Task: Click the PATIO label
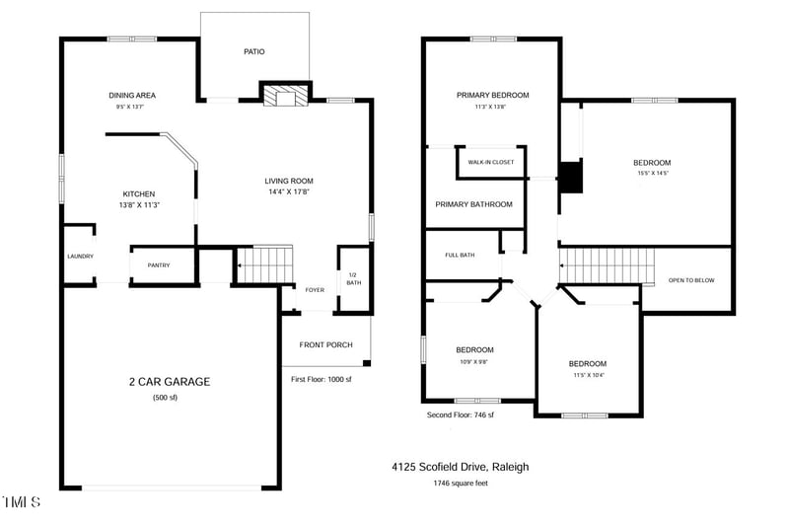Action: (x=254, y=52)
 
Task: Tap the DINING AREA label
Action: (x=132, y=96)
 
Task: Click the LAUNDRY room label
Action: (x=80, y=257)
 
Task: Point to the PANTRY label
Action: (x=159, y=265)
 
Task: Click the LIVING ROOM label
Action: (x=288, y=181)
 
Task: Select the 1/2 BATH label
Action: (x=353, y=278)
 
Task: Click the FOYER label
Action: (x=315, y=290)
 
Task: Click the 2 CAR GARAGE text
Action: (x=169, y=382)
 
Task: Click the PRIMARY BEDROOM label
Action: (x=492, y=96)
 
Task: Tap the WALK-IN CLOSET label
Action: (x=490, y=162)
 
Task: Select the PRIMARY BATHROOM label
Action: (x=474, y=204)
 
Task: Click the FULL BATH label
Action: (x=460, y=256)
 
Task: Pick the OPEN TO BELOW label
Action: (x=691, y=280)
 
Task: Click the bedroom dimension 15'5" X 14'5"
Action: (x=652, y=174)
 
